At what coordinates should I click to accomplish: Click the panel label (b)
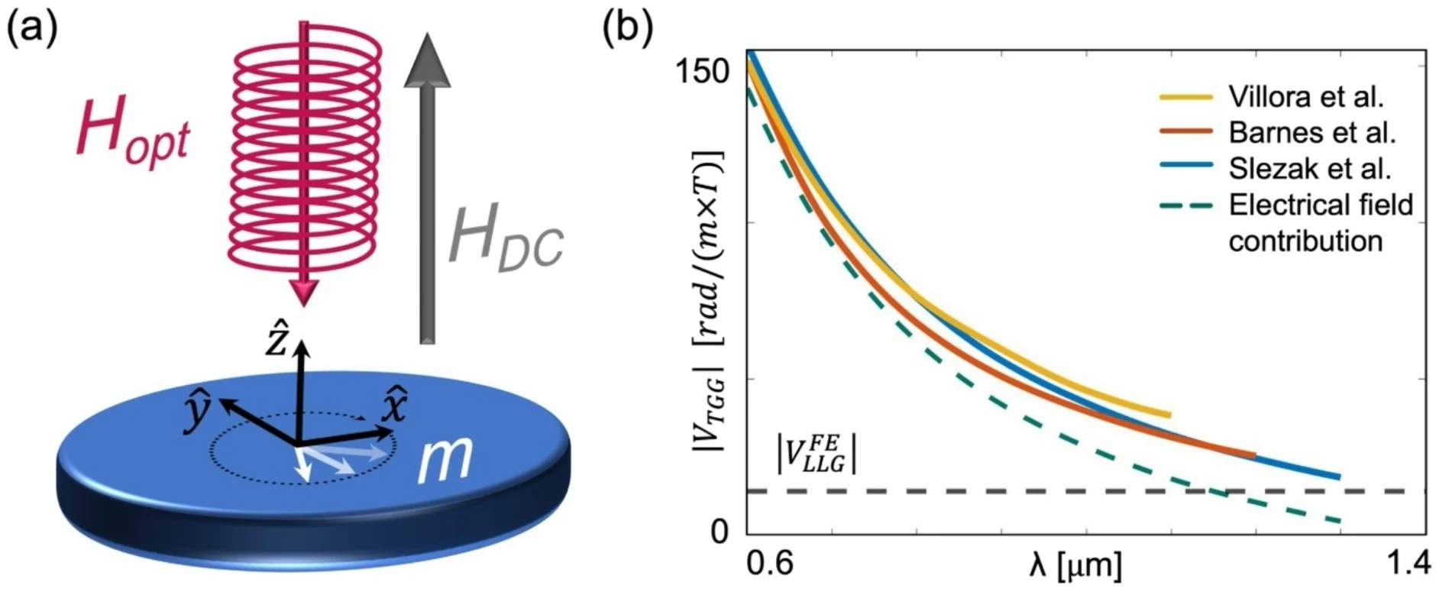point(628,29)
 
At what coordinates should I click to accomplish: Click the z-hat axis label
point(276,341)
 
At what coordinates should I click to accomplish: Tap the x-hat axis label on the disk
point(394,404)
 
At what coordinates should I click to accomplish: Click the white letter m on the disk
point(445,461)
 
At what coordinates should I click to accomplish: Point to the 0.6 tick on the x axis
point(767,565)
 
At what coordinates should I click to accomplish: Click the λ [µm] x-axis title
point(1075,565)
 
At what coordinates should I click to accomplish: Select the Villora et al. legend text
point(1306,97)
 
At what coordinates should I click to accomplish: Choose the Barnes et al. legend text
point(1311,133)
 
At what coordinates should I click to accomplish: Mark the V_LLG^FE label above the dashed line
point(816,455)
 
